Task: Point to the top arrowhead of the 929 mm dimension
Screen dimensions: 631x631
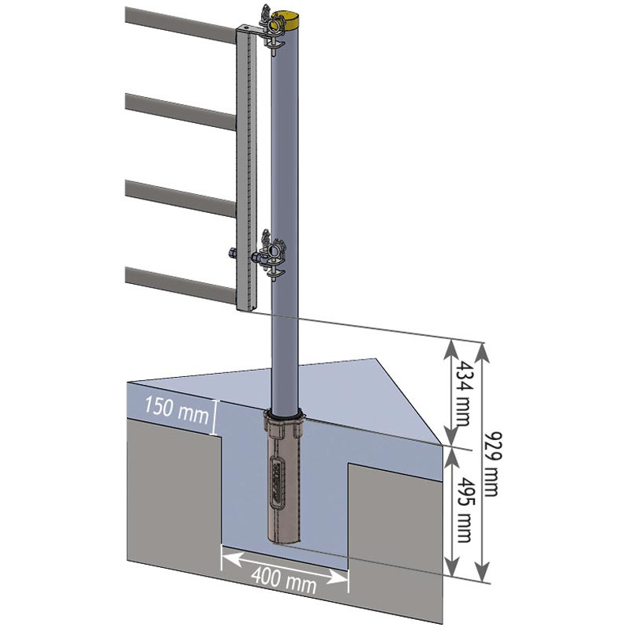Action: click(x=484, y=348)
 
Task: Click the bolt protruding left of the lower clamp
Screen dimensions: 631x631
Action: click(x=234, y=253)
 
